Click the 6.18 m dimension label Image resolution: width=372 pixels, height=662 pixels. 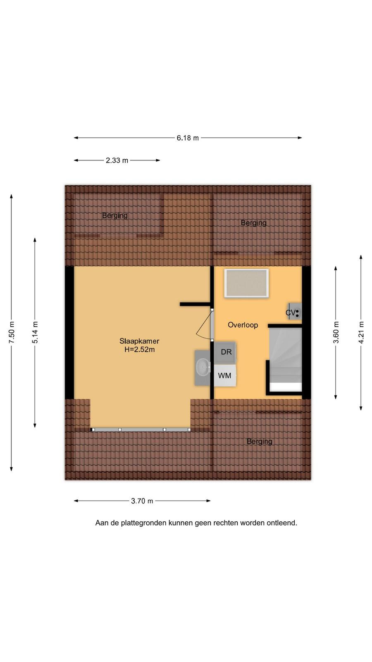pyautogui.click(x=188, y=138)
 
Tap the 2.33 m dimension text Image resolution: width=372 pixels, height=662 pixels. pyautogui.click(x=117, y=160)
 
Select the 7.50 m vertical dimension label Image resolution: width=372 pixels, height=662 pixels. pyautogui.click(x=12, y=333)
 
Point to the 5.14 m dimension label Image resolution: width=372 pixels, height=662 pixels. pyautogui.click(x=35, y=333)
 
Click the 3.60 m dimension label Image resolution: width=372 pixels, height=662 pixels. pyautogui.click(x=336, y=333)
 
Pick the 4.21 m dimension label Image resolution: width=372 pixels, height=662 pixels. pyautogui.click(x=361, y=333)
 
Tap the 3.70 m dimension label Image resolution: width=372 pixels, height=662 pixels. pyautogui.click(x=142, y=501)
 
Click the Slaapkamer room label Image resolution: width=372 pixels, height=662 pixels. pyautogui.click(x=139, y=341)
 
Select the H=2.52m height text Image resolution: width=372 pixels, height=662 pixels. pyautogui.click(x=139, y=350)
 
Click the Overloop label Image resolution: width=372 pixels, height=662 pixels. pyautogui.click(x=243, y=325)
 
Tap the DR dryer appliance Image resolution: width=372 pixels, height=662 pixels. pyautogui.click(x=225, y=353)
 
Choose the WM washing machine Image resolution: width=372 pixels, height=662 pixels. pyautogui.click(x=225, y=375)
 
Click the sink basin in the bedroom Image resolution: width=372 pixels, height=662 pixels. pyautogui.click(x=203, y=367)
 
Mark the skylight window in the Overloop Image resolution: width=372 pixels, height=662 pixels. pyautogui.click(x=246, y=283)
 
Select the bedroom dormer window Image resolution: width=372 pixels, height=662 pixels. pyautogui.click(x=141, y=430)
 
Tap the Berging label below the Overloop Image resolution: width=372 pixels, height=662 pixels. pyautogui.click(x=260, y=441)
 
